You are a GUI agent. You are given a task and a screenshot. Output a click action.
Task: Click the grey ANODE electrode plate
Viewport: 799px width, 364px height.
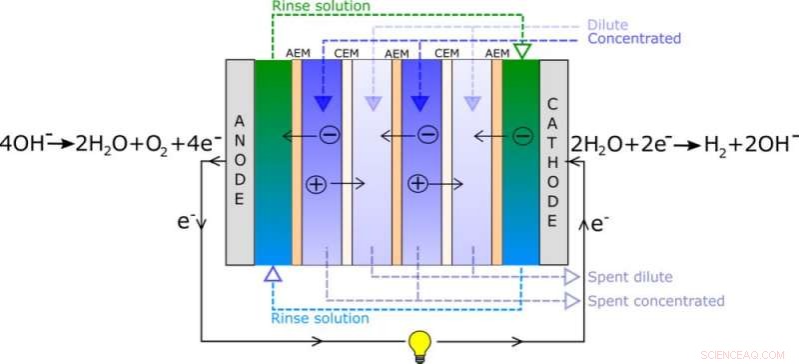(x=240, y=161)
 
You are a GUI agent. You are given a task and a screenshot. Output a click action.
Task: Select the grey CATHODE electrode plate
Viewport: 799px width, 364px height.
(x=553, y=160)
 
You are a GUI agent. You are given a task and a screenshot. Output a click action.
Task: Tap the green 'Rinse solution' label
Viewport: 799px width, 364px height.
(x=322, y=6)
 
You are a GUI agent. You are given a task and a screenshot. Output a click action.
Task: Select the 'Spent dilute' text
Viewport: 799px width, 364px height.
(x=629, y=277)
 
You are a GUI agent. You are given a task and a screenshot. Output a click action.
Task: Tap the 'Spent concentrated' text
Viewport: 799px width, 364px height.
(x=655, y=300)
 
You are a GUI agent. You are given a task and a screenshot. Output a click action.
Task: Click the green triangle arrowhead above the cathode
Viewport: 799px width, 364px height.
(x=521, y=50)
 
